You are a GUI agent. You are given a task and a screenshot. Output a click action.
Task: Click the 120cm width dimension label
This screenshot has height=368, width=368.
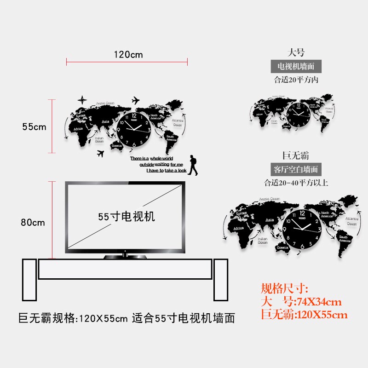(128, 55)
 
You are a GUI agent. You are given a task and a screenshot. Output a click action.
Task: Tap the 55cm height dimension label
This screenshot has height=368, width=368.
(34, 126)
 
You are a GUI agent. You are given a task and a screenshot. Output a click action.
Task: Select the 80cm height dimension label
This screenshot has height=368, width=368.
(33, 222)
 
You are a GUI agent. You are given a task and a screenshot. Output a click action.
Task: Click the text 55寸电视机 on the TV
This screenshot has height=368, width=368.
(126, 217)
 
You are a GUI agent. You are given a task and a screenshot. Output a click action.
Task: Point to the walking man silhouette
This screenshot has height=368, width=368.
(194, 166)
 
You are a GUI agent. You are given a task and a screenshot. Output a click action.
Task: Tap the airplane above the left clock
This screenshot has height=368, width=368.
(135, 100)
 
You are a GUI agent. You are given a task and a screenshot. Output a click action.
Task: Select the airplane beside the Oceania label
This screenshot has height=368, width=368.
(101, 154)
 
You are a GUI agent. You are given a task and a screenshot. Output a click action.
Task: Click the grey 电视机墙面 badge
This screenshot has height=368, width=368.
(296, 66)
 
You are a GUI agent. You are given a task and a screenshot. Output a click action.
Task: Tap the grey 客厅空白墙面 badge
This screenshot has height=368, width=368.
(296, 169)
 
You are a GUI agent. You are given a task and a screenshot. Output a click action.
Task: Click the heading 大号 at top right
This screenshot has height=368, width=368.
(296, 52)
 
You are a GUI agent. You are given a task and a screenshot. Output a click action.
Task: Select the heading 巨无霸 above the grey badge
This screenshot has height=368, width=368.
(296, 155)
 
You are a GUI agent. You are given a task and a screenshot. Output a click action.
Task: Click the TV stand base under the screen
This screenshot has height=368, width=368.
(124, 255)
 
